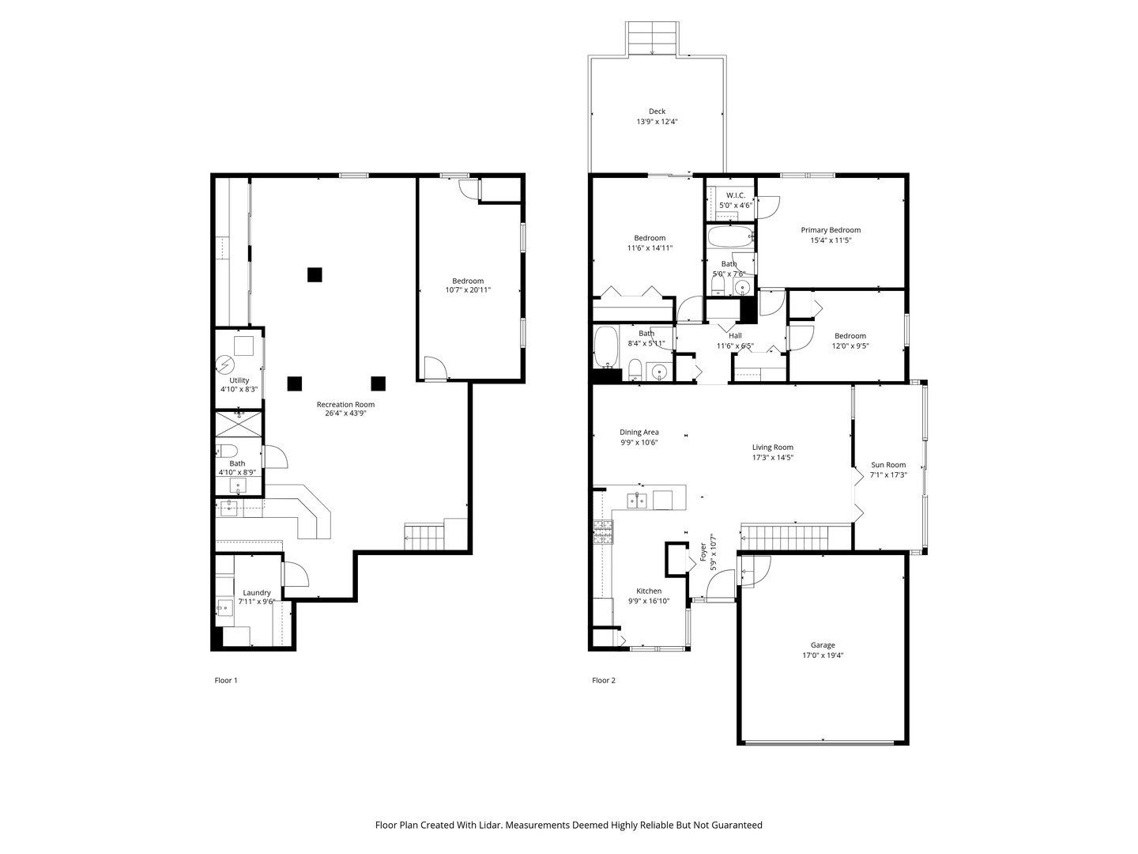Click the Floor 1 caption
coord(226,680)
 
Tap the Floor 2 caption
coord(604,680)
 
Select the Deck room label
coord(657,111)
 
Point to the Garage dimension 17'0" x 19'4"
coord(823,655)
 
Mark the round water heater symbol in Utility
coord(226,365)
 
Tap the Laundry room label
coord(256,592)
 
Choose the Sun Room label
coord(888,465)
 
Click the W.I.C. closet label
coord(735,195)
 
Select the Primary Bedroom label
coord(831,230)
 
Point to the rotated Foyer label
coord(703,551)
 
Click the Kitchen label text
coord(649,591)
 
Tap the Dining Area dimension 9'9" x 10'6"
coord(639,443)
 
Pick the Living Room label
coord(772,447)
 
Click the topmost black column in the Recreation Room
coord(315,274)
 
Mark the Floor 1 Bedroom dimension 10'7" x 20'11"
coord(468,290)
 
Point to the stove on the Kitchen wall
coord(603,532)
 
